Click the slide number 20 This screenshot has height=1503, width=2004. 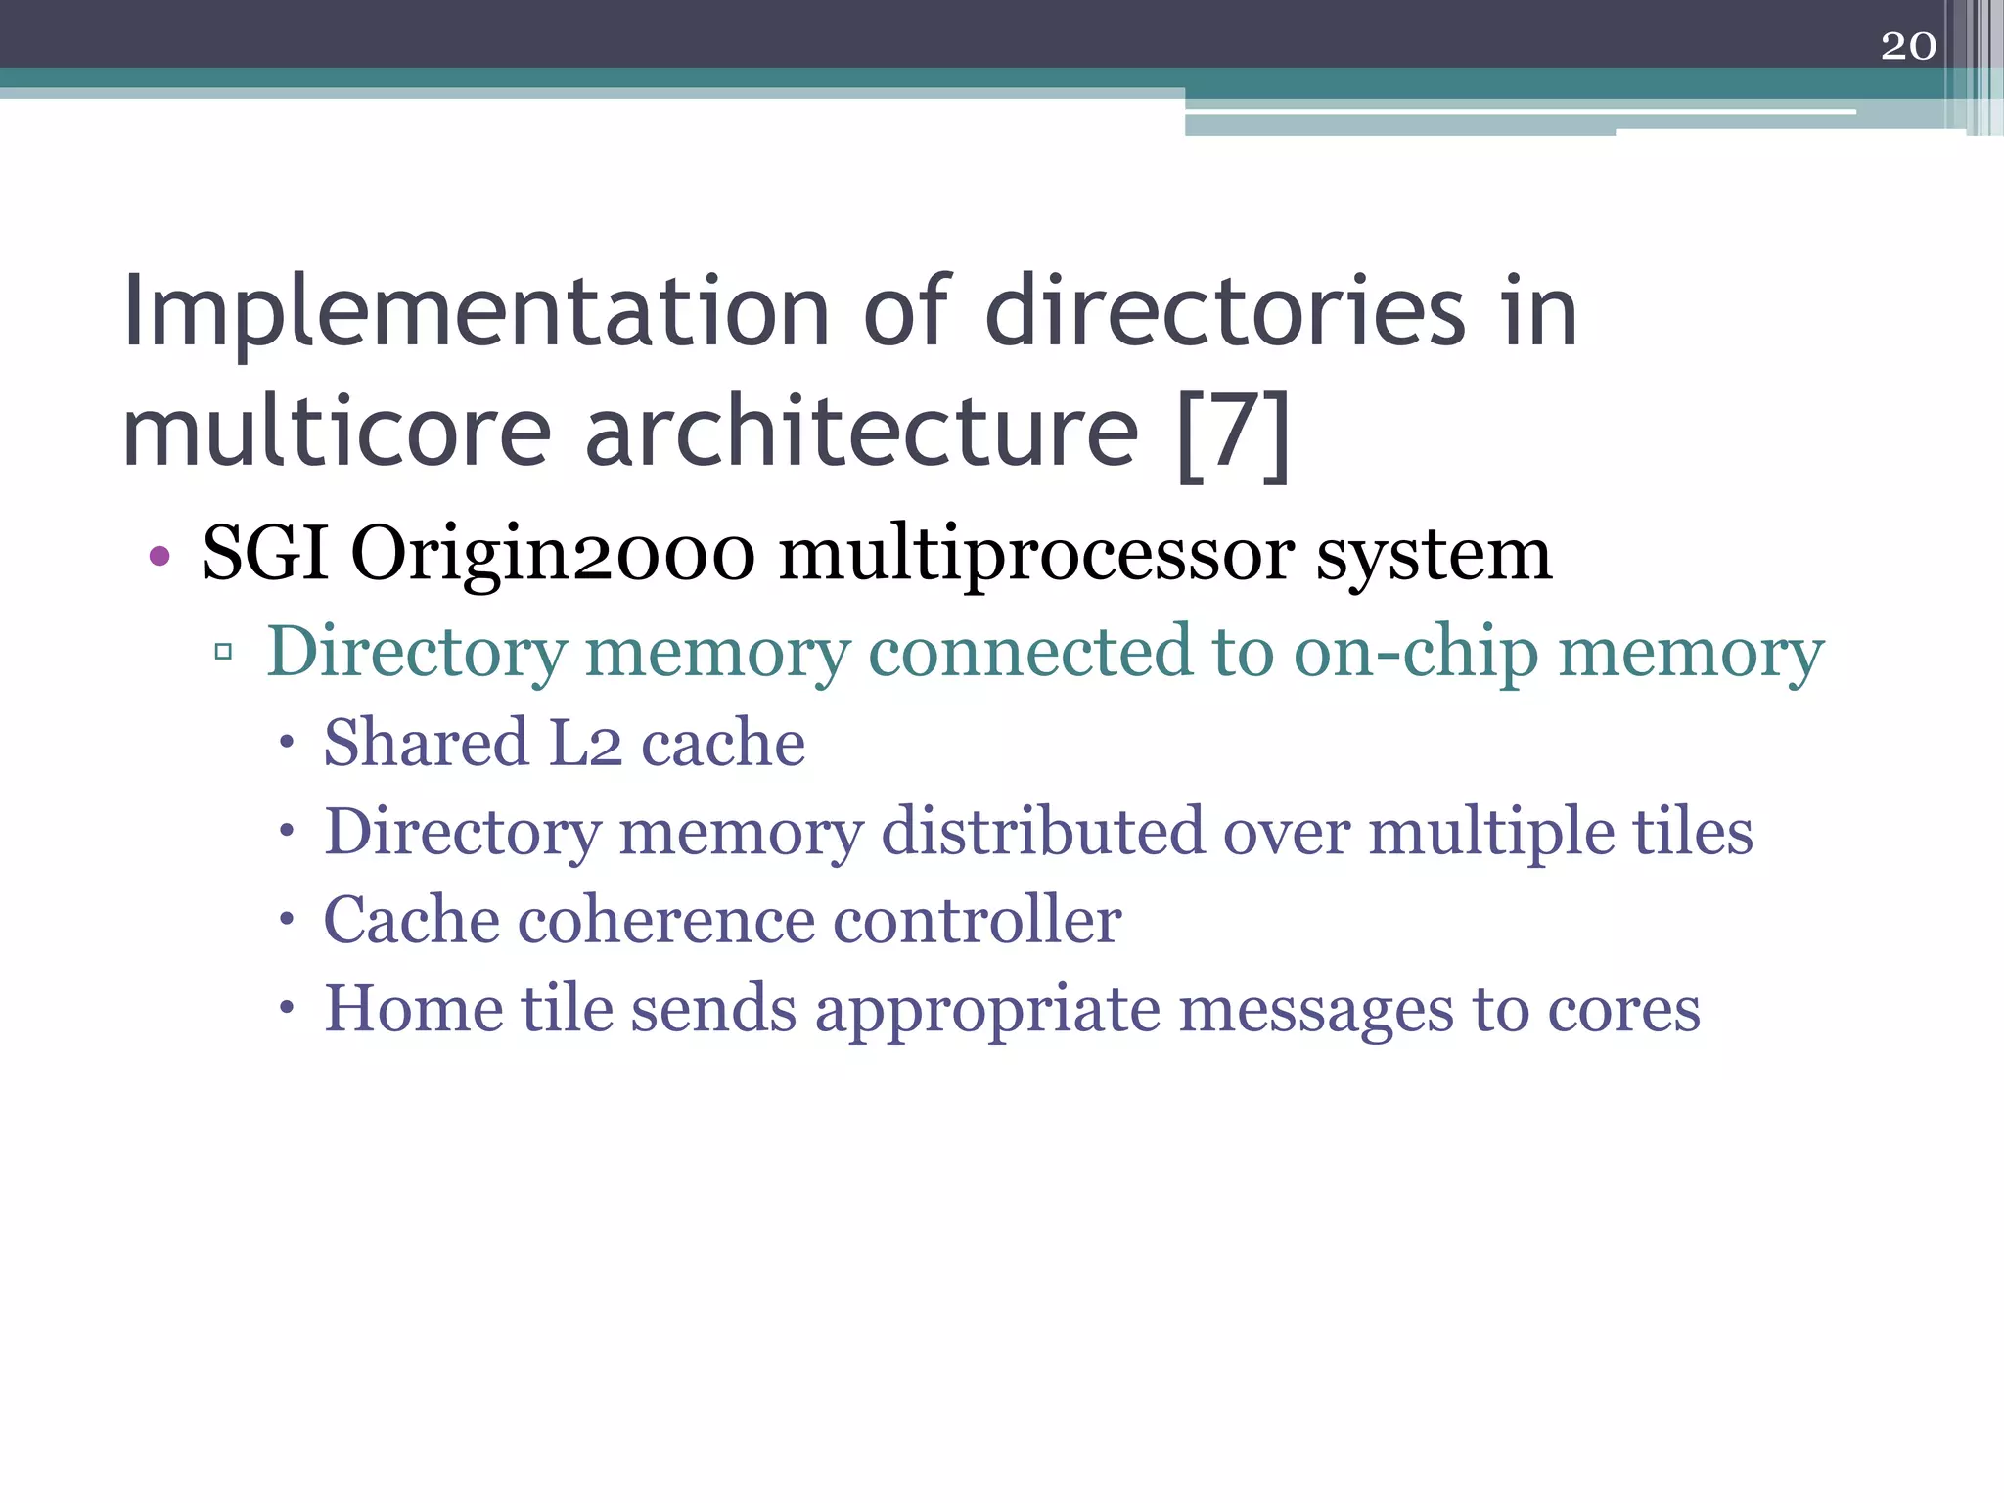point(1908,46)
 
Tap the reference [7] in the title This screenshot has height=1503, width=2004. point(1233,433)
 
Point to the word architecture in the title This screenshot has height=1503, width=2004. point(861,433)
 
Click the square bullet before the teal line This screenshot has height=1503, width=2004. point(223,652)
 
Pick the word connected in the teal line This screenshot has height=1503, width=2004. point(1030,652)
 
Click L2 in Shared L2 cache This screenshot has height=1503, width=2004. point(585,743)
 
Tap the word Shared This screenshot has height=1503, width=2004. point(426,743)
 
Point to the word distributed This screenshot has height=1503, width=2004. point(1042,832)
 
